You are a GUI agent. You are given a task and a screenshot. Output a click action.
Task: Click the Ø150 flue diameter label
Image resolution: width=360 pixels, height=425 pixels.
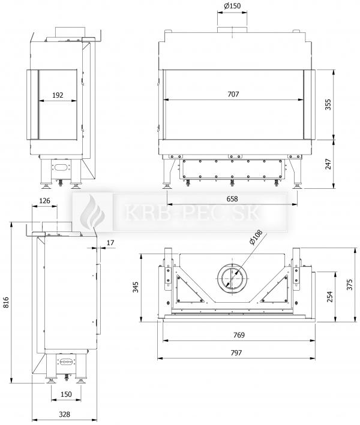[232, 5]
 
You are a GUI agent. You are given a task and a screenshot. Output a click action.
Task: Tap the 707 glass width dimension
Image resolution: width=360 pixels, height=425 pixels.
[233, 94]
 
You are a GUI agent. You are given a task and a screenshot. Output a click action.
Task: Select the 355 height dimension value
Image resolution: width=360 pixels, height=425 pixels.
[328, 105]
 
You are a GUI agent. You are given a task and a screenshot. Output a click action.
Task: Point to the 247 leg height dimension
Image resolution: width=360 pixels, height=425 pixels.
[328, 164]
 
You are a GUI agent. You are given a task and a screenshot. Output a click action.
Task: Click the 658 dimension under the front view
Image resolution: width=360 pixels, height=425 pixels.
[232, 198]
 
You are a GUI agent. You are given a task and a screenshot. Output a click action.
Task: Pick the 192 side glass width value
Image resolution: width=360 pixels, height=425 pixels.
[58, 95]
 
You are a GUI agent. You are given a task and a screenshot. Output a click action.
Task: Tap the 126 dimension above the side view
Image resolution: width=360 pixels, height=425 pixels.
[45, 201]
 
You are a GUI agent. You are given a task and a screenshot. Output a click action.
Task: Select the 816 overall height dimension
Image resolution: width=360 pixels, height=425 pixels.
[6, 303]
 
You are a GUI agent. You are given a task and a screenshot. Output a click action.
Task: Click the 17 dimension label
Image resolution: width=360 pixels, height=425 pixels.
[110, 243]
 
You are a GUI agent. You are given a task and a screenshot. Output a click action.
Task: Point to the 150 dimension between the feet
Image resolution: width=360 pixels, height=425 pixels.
[66, 394]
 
